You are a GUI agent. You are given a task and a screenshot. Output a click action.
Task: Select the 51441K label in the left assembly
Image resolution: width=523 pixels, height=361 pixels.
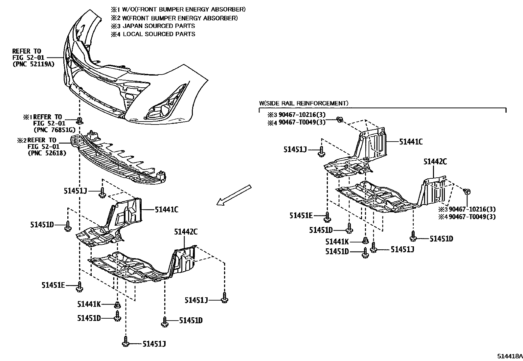pos(89,304)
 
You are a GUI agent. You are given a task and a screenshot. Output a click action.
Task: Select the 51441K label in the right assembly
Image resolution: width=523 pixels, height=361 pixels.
pos(337,242)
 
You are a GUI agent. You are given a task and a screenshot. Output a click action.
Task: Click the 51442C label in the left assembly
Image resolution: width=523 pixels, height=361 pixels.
pos(186,232)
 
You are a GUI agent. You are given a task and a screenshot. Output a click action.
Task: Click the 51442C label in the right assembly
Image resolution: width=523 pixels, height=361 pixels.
pos(435,162)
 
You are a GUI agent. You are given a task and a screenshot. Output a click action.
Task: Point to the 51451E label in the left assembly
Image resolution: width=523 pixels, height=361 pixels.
pos(53,285)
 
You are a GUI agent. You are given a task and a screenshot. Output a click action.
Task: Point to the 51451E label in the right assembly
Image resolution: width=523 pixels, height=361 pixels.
pos(301,215)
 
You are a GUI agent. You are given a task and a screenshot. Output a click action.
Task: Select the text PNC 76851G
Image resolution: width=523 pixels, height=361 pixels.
pos(53,130)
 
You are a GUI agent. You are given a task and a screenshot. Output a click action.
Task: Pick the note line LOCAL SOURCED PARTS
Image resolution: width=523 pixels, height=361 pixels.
pos(159,34)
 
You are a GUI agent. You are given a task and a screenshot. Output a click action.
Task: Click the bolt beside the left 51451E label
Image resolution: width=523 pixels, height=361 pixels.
pos(79,287)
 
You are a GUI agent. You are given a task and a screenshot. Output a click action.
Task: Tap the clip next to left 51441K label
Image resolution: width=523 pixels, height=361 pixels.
pos(117,305)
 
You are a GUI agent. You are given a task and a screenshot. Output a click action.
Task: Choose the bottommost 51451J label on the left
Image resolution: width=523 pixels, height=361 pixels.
pos(154,344)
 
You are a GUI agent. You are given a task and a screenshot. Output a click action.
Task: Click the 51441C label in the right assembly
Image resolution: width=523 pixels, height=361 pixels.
pos(411,142)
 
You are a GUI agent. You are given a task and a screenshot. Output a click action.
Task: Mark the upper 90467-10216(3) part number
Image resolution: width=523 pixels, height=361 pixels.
pos(302,115)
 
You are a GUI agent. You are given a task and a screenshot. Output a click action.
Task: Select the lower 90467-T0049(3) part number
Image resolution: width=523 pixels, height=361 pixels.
pos(472,217)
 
